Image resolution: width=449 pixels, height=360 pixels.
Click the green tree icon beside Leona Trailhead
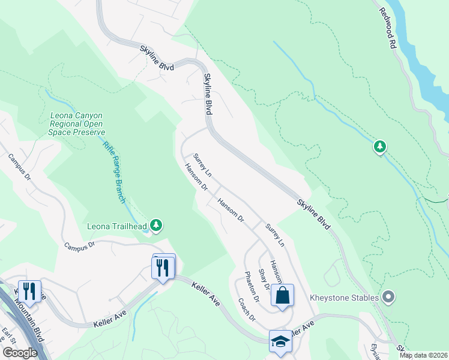(157, 225)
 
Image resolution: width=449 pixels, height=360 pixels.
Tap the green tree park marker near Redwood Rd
(379, 146)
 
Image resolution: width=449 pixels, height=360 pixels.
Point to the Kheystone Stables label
(344, 298)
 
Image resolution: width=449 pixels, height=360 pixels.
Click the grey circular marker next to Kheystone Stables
(388, 297)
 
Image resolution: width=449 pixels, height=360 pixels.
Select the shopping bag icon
(282, 295)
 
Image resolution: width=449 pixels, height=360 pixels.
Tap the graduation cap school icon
(280, 341)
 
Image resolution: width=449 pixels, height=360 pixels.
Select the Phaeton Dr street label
(252, 287)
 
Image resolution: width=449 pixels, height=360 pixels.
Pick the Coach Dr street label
(247, 310)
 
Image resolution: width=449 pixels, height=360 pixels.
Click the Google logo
(20, 353)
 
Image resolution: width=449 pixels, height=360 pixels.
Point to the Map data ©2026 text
(424, 355)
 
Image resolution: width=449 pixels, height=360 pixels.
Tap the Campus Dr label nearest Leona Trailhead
(80, 245)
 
